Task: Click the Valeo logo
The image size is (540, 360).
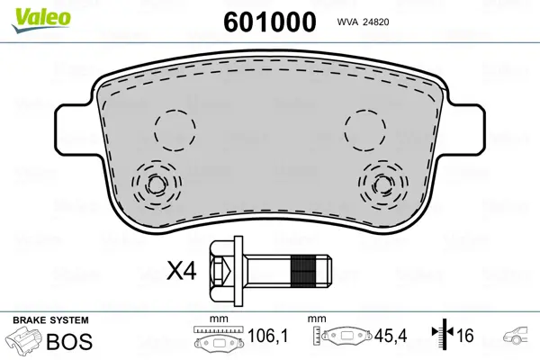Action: [41, 20]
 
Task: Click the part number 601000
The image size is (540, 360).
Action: [270, 22]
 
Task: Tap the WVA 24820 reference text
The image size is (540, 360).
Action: [363, 22]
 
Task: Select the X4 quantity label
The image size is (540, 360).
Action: [182, 270]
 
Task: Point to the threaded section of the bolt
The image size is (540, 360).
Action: [303, 271]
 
